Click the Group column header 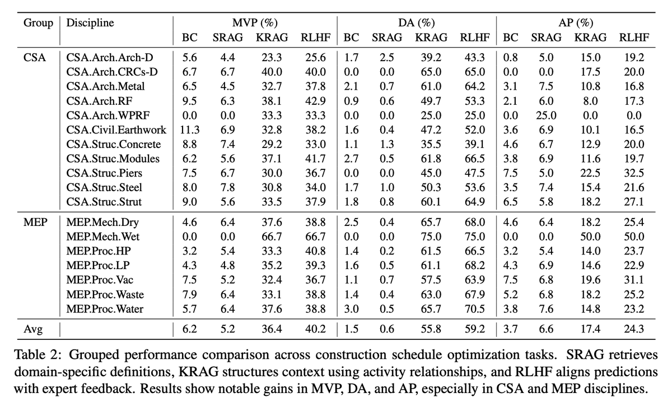pos(38,23)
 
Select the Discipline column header pos(90,23)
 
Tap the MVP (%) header pos(255,23)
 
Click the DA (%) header pos(417,23)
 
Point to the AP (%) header pos(576,23)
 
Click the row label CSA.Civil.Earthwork pos(116,130)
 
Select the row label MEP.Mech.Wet pos(103,237)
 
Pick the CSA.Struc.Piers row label pos(104,173)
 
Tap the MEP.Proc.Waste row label pos(105,294)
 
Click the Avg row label pos(33,329)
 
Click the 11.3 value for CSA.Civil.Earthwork pos(190,130)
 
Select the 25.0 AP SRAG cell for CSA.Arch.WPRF pos(546,116)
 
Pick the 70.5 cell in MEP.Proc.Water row pos(475,309)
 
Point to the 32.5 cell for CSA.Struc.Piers pos(633,173)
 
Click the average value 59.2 pos(475,329)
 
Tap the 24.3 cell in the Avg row pos(633,329)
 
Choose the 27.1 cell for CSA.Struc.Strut pos(633,202)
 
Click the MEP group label pos(35,223)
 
